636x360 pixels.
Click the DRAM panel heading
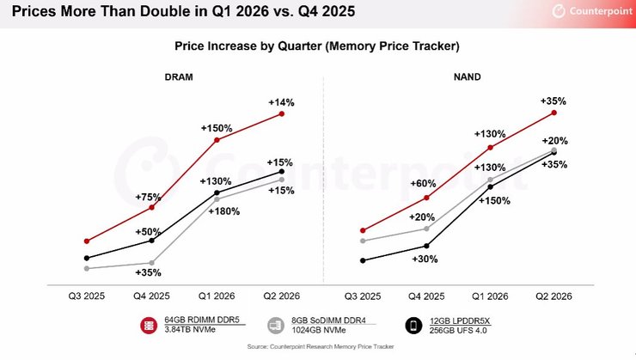click(x=179, y=76)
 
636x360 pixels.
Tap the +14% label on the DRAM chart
click(x=281, y=102)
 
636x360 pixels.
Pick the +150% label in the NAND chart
click(x=494, y=200)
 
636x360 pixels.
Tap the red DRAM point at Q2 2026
click(x=281, y=113)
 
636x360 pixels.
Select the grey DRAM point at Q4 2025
click(x=151, y=263)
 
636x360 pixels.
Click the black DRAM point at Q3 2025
click(x=87, y=258)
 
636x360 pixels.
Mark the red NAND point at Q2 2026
click(x=554, y=112)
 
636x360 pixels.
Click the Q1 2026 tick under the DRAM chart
click(x=216, y=296)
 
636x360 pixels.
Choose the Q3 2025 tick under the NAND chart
click(x=364, y=296)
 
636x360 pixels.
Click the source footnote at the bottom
click(x=317, y=346)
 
